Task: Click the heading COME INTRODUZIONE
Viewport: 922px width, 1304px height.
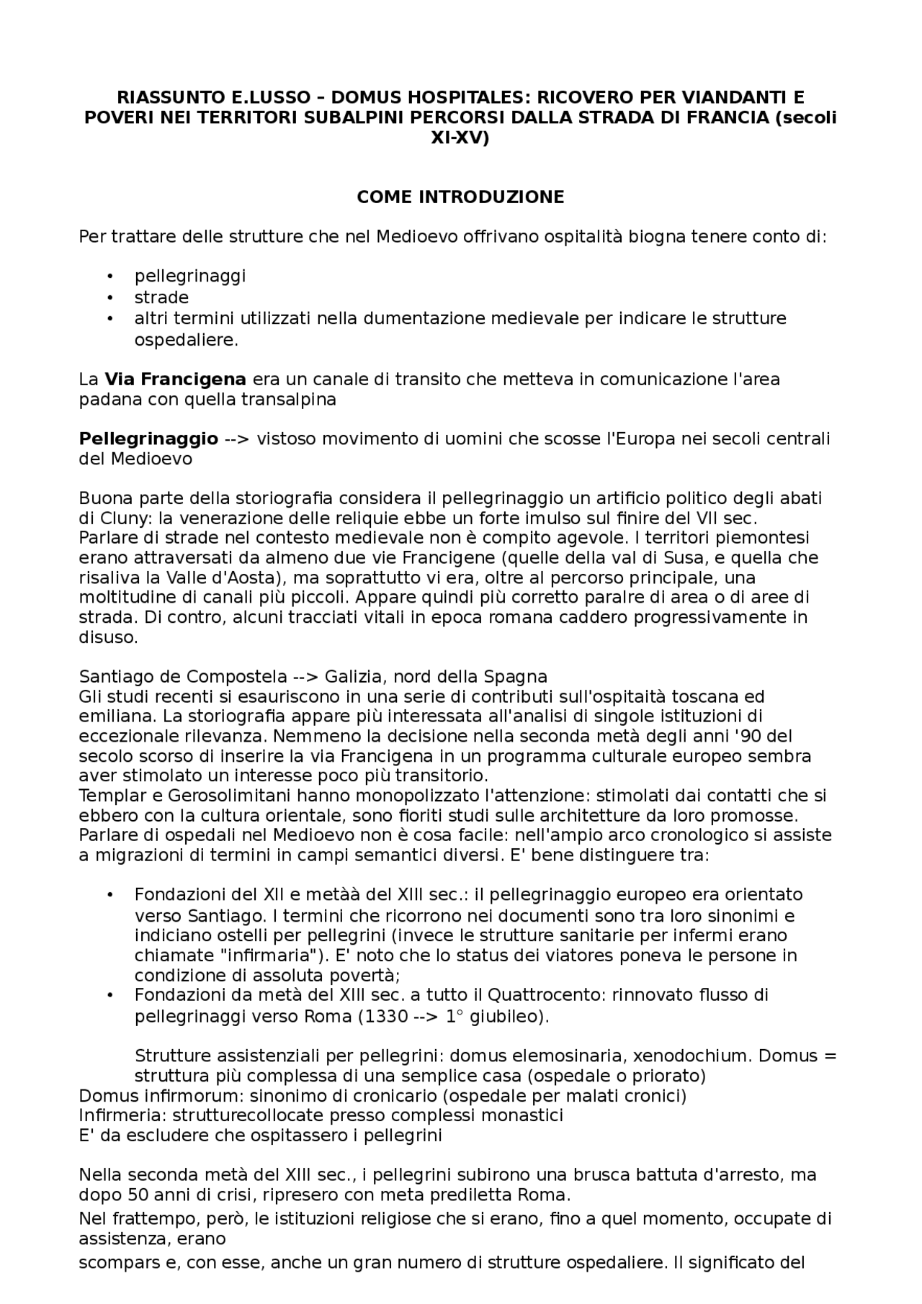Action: click(x=460, y=197)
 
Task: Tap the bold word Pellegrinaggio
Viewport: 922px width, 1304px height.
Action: click(x=148, y=439)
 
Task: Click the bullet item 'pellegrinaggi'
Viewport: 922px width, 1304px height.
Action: click(x=190, y=276)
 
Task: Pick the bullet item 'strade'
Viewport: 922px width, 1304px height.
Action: click(x=161, y=297)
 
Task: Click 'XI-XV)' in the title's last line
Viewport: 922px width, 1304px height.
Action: click(x=460, y=139)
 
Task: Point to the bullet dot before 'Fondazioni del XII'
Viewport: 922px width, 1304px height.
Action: click(x=110, y=895)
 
